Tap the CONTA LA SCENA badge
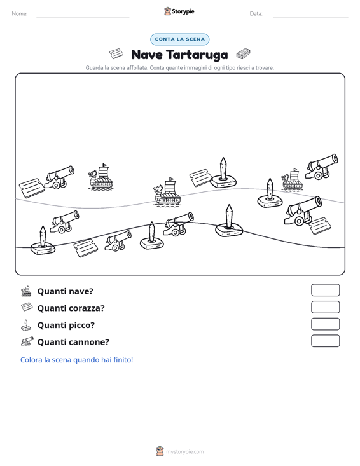click(x=180, y=39)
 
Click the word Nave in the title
click(x=147, y=55)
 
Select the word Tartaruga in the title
click(x=197, y=55)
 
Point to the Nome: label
click(x=20, y=14)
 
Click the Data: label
click(x=256, y=14)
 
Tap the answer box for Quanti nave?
click(x=326, y=290)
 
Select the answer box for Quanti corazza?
click(x=326, y=307)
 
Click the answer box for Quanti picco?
click(x=326, y=324)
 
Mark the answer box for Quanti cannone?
click(x=326, y=341)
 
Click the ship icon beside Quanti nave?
click(x=27, y=291)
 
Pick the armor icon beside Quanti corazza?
click(x=27, y=306)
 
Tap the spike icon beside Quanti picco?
click(x=26, y=325)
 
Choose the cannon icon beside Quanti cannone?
click(x=27, y=341)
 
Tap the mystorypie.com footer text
click(x=185, y=452)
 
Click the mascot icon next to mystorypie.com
click(x=160, y=451)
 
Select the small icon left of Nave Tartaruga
click(x=116, y=54)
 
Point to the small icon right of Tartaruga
click(x=244, y=54)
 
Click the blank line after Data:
click(x=310, y=17)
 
